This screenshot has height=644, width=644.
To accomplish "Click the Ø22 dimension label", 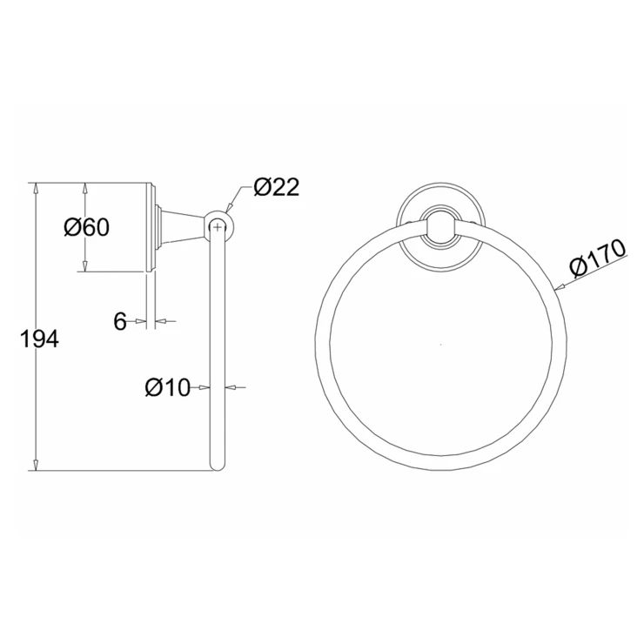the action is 277,187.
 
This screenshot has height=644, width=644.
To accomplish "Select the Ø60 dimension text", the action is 87,227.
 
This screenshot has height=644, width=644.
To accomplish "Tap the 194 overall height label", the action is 39,339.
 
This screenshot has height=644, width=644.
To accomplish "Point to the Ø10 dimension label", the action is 168,387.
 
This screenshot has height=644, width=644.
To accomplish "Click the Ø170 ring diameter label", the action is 598,258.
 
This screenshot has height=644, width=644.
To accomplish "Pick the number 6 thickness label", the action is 119,321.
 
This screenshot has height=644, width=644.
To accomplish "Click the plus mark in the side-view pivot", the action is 218,226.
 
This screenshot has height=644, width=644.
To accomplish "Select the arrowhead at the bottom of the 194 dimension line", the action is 37,465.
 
